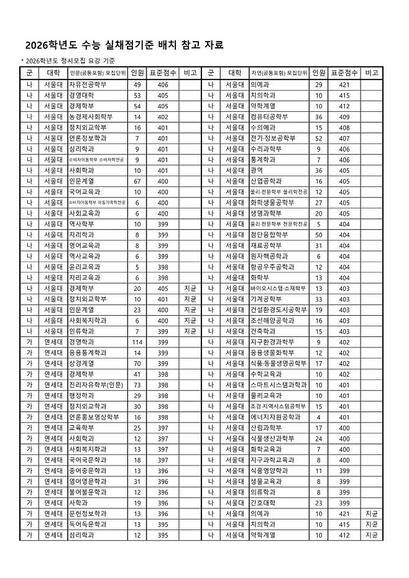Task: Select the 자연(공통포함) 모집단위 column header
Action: (x=278, y=73)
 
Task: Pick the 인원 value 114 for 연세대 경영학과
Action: (x=137, y=342)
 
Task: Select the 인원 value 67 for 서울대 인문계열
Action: (x=137, y=180)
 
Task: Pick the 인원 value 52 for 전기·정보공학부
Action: (x=319, y=137)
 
